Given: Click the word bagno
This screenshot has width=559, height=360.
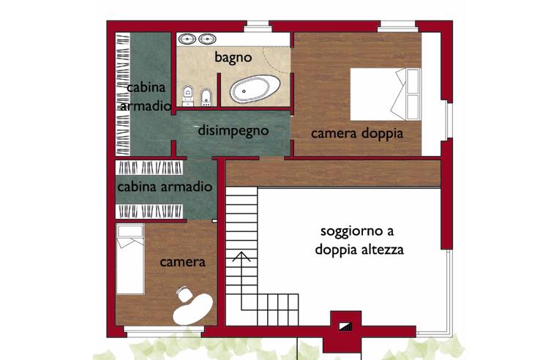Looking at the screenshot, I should pyautogui.click(x=233, y=56).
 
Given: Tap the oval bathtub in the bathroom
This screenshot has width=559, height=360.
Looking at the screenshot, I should pyautogui.click(x=255, y=91).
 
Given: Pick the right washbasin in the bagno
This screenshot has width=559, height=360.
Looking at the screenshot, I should pyautogui.click(x=207, y=39).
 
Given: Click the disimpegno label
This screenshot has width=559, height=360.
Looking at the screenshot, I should pyautogui.click(x=234, y=131).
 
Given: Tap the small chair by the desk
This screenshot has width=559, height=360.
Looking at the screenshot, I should pyautogui.click(x=182, y=293).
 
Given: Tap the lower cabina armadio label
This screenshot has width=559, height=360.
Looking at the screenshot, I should pyautogui.click(x=165, y=187).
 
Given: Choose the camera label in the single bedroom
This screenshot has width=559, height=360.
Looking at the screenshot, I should pyautogui.click(x=183, y=262).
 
